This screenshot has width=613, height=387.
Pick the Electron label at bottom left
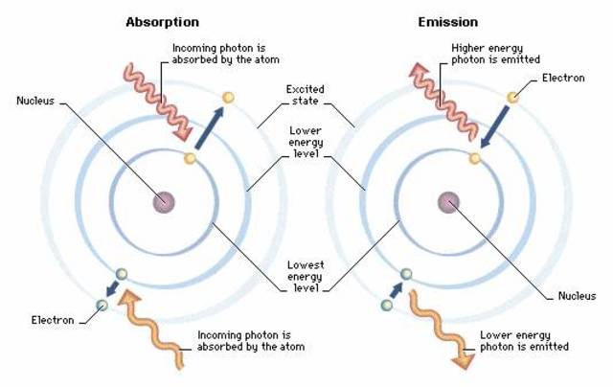[52, 320]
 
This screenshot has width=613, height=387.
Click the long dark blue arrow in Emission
[495, 125]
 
